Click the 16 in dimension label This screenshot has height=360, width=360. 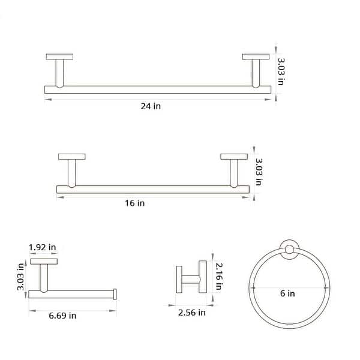tap(136, 203)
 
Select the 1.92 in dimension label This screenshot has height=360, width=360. tap(43, 247)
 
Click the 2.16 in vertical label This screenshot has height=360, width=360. tap(218, 277)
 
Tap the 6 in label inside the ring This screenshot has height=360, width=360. tap(287, 293)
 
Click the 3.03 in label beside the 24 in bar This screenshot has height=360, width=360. tap(280, 71)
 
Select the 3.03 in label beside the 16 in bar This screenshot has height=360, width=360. tap(259, 172)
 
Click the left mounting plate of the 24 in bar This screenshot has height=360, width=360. tap(59, 57)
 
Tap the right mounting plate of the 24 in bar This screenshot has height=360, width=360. tap(256, 57)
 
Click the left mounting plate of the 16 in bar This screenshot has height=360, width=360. tap(71, 157)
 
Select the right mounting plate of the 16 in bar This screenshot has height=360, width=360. tap(234, 157)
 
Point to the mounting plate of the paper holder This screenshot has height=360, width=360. tap(44, 262)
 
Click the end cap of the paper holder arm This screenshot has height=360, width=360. tap(115, 294)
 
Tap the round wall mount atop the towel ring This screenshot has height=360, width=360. tap(290, 251)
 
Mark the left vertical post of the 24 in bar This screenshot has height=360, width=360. tap(59, 74)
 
